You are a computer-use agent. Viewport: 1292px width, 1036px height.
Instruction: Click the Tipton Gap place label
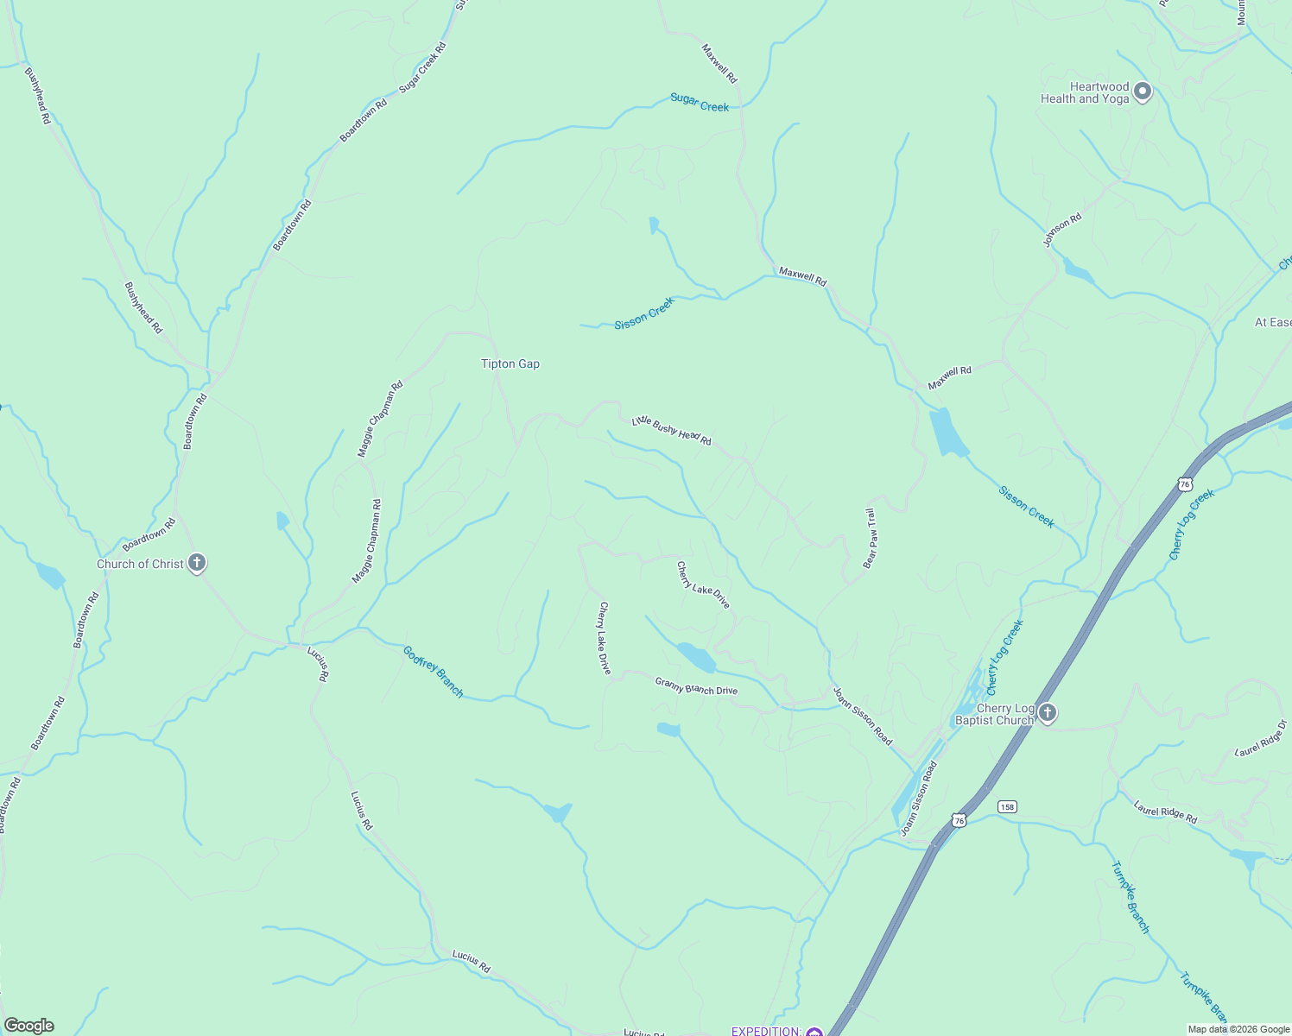(510, 364)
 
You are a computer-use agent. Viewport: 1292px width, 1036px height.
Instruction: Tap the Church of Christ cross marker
(197, 564)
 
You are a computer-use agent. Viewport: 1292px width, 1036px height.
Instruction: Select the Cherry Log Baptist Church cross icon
(1047, 713)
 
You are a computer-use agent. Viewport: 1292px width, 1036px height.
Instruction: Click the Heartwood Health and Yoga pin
(1143, 91)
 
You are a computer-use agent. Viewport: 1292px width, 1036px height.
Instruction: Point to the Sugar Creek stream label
(700, 103)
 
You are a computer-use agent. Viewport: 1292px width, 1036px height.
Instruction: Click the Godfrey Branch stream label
(434, 672)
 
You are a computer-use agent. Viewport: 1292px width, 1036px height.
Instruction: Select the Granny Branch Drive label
(696, 685)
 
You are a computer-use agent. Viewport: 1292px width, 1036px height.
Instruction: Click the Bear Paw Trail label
(871, 538)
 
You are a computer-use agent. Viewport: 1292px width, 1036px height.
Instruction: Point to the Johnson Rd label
(1062, 231)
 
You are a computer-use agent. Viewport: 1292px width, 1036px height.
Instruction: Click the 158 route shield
(1007, 806)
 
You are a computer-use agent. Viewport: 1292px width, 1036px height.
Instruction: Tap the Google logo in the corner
(28, 1026)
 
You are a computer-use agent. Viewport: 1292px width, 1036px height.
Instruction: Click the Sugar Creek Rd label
(422, 67)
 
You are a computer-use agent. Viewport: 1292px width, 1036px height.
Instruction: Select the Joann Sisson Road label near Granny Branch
(862, 716)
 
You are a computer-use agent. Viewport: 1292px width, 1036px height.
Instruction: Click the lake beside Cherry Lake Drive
(696, 657)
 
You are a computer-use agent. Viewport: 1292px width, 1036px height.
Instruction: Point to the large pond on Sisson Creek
(947, 433)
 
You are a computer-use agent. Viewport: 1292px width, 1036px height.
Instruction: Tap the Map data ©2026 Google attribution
(1238, 1029)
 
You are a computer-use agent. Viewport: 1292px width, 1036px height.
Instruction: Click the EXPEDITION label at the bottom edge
(766, 1031)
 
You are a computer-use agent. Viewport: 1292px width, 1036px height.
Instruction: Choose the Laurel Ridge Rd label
(1165, 812)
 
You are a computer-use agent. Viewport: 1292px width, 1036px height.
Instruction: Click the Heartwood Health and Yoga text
(1085, 92)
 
